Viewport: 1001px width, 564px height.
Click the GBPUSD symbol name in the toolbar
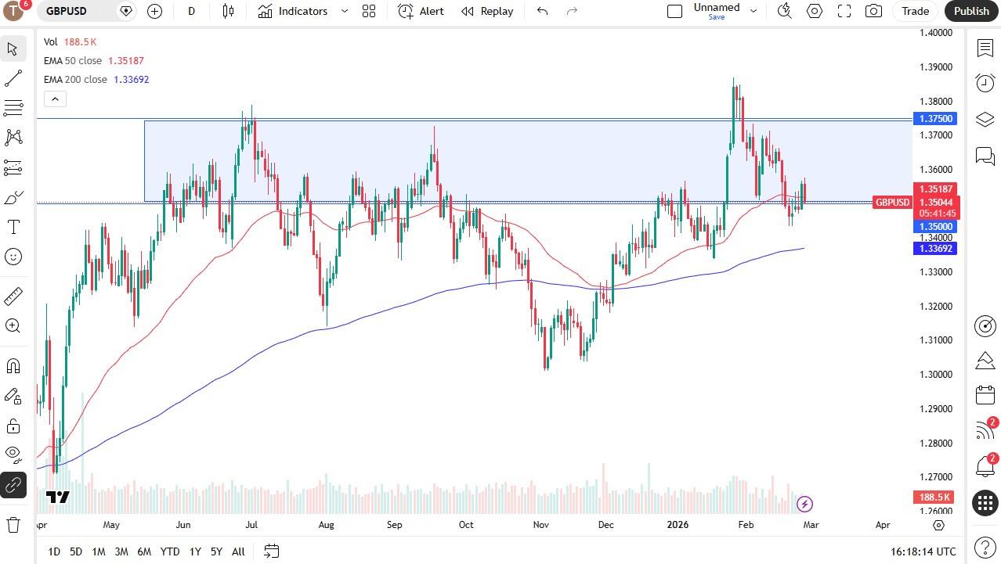pyautogui.click(x=67, y=11)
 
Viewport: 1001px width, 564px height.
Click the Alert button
pyautogui.click(x=421, y=11)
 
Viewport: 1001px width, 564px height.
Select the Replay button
pyautogui.click(x=487, y=11)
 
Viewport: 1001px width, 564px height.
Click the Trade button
pyautogui.click(x=915, y=11)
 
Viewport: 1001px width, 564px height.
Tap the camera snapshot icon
pyautogui.click(x=873, y=11)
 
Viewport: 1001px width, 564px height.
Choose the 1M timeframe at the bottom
pyautogui.click(x=98, y=551)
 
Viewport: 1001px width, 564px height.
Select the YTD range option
pyautogui.click(x=169, y=551)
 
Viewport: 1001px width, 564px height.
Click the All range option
pyautogui.click(x=238, y=551)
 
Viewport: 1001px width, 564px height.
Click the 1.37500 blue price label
pyautogui.click(x=934, y=119)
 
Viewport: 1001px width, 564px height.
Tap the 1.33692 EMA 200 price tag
pyautogui.click(x=934, y=249)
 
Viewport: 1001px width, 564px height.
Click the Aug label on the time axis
pyautogui.click(x=326, y=525)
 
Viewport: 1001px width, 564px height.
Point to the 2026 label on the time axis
pyautogui.click(x=678, y=525)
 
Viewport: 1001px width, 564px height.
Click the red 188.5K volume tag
pyautogui.click(x=934, y=498)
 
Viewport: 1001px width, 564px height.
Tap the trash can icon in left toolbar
pyautogui.click(x=13, y=524)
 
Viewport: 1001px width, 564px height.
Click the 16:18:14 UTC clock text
pyautogui.click(x=923, y=551)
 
